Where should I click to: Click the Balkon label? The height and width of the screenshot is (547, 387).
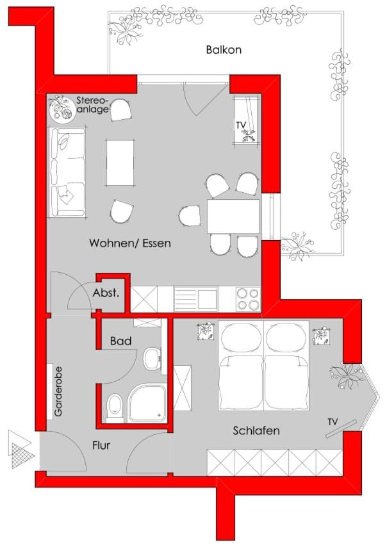(224, 50)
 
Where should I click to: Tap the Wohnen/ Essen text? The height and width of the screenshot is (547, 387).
(130, 243)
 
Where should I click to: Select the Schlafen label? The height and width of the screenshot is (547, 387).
(256, 431)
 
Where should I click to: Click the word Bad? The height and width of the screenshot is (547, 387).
(120, 341)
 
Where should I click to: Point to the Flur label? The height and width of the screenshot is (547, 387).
(101, 445)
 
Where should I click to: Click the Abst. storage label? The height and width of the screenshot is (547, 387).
(106, 293)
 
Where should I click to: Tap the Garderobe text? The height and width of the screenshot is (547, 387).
(58, 391)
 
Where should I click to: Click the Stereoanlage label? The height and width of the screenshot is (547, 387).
(93, 105)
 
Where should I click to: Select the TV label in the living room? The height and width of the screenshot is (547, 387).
(241, 125)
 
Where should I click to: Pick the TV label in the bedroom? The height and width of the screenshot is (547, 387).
(333, 422)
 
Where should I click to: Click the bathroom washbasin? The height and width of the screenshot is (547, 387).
(152, 359)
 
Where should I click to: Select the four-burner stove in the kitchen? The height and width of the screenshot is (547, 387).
(248, 298)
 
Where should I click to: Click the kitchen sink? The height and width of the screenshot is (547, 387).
(195, 298)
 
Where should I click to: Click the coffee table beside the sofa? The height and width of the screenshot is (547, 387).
(120, 162)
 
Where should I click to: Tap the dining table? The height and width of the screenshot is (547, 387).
(233, 216)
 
